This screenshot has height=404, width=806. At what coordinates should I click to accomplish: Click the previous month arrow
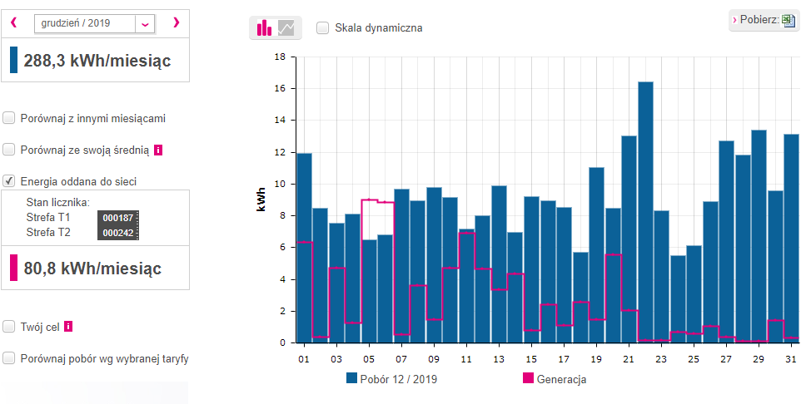click(13, 22)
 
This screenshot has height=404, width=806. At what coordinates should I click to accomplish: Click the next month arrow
click(176, 22)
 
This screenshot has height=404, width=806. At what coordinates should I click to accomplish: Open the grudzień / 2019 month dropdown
click(146, 23)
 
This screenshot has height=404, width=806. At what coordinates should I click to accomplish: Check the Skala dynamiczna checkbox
click(322, 27)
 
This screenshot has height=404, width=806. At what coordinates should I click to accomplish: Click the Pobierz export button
click(764, 20)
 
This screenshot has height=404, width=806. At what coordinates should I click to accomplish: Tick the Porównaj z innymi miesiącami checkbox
click(9, 118)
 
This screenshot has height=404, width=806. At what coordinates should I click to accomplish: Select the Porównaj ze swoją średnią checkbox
click(9, 150)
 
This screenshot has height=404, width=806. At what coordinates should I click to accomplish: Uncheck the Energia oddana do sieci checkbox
click(9, 181)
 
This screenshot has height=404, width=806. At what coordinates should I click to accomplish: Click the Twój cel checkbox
click(9, 327)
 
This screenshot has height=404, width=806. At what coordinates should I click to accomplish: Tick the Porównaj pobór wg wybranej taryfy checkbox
click(9, 358)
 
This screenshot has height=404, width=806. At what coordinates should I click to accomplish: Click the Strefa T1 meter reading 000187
click(117, 218)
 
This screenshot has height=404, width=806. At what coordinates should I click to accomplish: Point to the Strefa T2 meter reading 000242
click(117, 233)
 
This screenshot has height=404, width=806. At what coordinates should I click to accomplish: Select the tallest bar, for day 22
click(645, 212)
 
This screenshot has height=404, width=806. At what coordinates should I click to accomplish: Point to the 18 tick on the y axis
click(281, 57)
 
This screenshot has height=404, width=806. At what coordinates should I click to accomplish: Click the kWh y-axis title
click(261, 200)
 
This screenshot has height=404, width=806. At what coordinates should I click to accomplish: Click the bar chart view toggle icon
click(265, 28)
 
